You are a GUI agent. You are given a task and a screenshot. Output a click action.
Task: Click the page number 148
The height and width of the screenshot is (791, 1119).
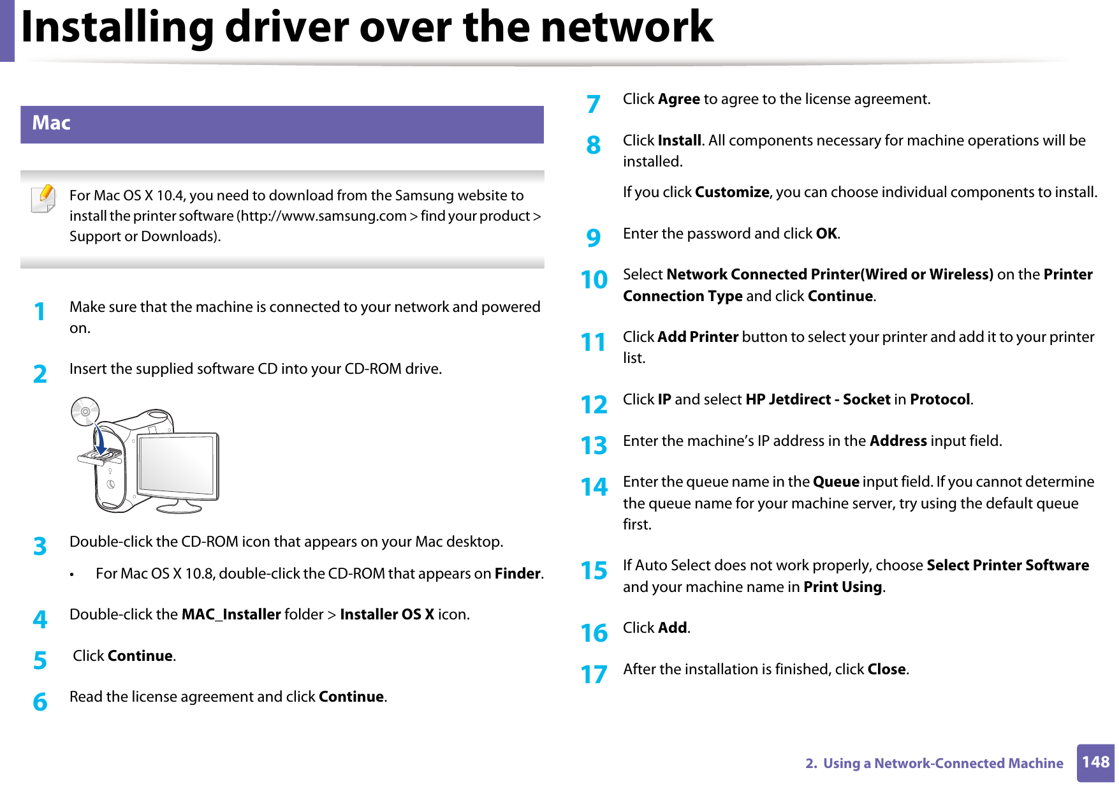point(1095,762)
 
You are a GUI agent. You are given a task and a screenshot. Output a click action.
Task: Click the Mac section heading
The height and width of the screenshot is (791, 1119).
point(52,123)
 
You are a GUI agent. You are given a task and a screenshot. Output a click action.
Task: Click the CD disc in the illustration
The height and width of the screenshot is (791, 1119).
point(85,411)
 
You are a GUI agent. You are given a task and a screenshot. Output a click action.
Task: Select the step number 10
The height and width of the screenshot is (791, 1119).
point(594,280)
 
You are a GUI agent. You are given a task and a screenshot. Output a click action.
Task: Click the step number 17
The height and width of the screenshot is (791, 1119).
point(594,674)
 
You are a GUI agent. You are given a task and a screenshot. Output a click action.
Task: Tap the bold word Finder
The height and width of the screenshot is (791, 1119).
point(518,573)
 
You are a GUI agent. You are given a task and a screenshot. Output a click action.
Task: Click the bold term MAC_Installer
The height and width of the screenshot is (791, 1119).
point(231,614)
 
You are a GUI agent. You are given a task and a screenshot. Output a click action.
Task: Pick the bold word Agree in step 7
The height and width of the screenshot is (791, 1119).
point(679,100)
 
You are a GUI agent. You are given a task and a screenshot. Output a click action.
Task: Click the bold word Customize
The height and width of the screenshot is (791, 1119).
point(732,193)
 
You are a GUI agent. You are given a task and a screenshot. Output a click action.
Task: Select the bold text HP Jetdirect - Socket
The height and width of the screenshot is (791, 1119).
point(817,400)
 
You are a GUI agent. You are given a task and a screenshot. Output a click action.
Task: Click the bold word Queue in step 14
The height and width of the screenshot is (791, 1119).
point(836,482)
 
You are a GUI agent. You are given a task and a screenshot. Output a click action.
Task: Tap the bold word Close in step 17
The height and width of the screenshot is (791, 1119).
point(886,669)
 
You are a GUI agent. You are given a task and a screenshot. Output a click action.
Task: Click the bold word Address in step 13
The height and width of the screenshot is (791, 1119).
point(898,441)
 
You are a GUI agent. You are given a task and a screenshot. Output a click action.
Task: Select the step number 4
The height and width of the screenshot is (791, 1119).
point(40,619)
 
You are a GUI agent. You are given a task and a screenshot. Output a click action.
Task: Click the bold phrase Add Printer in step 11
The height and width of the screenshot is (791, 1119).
point(698,337)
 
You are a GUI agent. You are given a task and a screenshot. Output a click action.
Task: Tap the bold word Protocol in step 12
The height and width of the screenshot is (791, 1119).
point(940,400)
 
